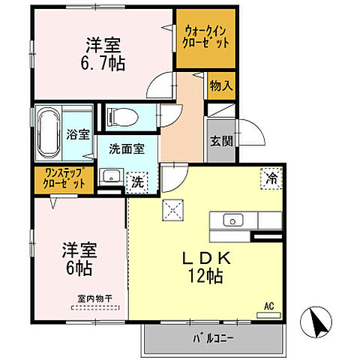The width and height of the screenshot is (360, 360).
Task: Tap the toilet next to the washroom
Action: click(x=119, y=115)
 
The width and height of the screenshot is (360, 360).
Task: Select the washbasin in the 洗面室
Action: click(x=111, y=178)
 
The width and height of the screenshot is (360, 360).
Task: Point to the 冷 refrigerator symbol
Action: click(x=269, y=178)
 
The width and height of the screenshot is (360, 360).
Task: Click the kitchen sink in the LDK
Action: click(x=232, y=220)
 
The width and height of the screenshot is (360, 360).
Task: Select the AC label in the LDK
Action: click(x=268, y=305)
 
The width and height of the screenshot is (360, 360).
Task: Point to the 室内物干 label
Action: click(x=94, y=298)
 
